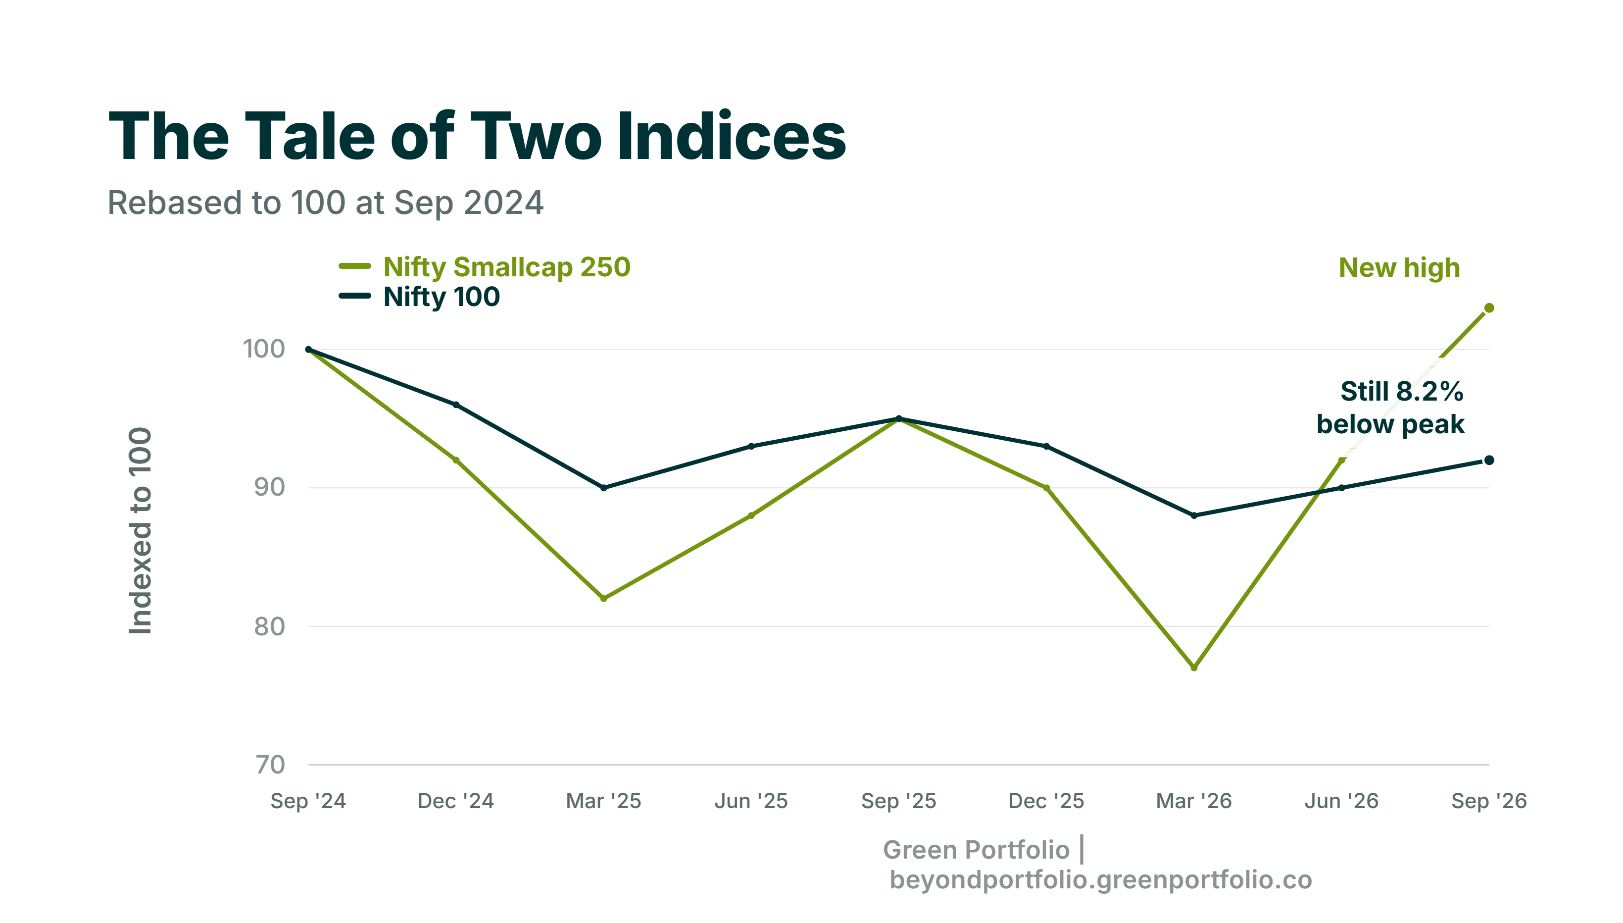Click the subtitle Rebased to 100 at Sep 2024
tap(326, 203)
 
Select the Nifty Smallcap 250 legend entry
tap(485, 267)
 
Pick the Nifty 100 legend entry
tap(419, 297)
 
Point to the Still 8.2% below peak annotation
tap(1390, 408)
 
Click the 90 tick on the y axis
tap(269, 487)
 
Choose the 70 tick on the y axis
tap(270, 765)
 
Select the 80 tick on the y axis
tap(269, 626)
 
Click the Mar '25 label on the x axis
tap(603, 801)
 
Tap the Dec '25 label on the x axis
tap(1046, 801)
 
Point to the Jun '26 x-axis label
tap(1341, 801)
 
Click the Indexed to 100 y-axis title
tap(141, 531)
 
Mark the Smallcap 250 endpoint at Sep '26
tap(1489, 308)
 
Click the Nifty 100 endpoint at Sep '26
tap(1489, 460)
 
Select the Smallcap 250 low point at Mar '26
tap(1193, 667)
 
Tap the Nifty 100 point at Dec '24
tap(455, 405)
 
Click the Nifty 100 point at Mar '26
tap(1193, 515)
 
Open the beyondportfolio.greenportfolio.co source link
tap(1100, 880)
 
